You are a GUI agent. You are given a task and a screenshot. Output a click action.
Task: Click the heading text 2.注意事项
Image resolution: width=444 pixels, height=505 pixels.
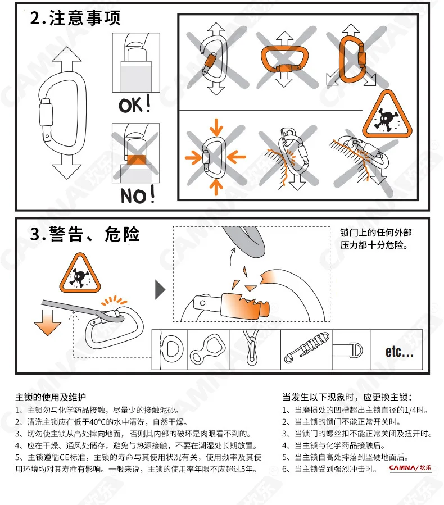75,18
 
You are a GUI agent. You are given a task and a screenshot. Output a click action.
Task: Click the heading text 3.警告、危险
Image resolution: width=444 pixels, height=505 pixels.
85,234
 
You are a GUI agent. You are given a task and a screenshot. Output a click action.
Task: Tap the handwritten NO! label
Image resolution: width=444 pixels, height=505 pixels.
138,194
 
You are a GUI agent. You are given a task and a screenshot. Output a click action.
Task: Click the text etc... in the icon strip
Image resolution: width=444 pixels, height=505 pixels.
400,351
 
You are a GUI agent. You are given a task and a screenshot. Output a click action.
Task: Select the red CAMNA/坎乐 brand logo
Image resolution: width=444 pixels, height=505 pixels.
410,467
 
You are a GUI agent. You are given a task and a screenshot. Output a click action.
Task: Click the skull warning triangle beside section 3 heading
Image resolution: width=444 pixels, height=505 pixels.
80,273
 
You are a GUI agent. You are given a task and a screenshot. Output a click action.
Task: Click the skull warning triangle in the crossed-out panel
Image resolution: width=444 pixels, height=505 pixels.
387,115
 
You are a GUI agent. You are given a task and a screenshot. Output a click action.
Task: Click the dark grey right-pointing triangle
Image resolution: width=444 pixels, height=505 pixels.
160,290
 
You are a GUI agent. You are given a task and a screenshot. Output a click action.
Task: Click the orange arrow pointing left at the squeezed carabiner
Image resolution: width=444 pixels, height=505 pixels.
237,157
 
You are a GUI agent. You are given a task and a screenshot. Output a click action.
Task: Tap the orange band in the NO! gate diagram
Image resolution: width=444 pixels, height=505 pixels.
136,160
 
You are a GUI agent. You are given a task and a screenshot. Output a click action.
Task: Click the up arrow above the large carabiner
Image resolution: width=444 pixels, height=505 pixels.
67,59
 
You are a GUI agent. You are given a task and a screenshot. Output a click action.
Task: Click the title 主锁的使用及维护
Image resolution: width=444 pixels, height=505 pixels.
51,397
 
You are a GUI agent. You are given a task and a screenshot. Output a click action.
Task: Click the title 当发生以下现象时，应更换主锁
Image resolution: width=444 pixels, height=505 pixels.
347,397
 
